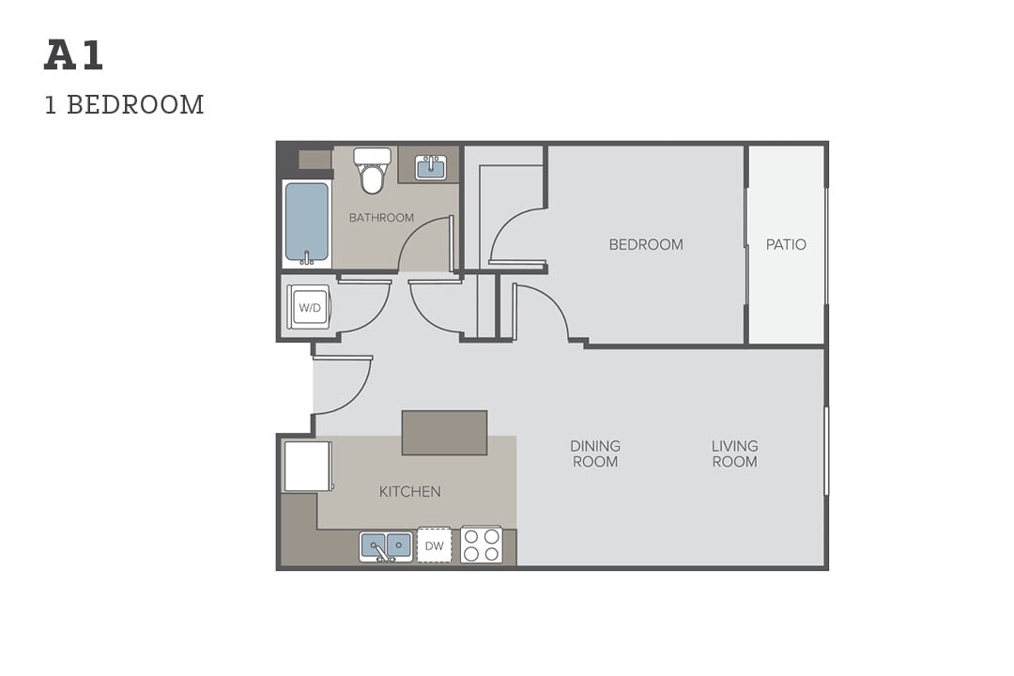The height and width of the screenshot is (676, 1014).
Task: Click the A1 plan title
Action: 74,55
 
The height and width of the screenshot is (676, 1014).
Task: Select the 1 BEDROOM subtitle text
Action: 124,105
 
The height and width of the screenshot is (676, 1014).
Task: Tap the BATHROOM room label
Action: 381,218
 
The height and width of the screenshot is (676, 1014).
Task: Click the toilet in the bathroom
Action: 372,170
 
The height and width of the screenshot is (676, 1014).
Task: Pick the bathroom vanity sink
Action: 431,167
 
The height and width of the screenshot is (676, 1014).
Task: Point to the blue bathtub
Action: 306,223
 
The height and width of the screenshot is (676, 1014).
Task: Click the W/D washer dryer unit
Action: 310,307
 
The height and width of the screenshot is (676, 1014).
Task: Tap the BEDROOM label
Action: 646,244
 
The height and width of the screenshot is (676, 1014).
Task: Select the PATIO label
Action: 786,244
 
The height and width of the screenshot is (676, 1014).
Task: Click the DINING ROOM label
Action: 595,453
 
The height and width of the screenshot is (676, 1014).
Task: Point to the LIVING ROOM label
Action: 734,453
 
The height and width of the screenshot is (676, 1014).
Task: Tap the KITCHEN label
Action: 410,492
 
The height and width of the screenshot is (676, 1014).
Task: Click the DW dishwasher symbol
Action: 434,545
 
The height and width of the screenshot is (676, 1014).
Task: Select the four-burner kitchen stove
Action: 481,545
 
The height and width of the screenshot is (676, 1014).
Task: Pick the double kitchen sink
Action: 386,546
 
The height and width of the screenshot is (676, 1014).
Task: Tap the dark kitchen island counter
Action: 444,432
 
